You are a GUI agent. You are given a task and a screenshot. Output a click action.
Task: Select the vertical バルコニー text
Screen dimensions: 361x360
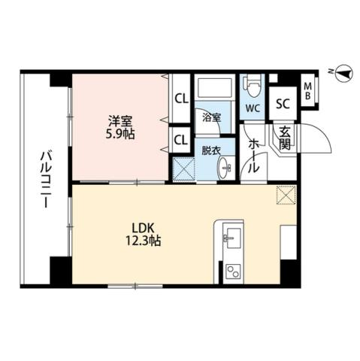[x=44, y=180]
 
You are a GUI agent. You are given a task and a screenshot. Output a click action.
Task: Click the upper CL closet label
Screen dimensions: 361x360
[x=181, y=98]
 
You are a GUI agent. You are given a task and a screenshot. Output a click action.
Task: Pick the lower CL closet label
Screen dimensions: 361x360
[x=181, y=138]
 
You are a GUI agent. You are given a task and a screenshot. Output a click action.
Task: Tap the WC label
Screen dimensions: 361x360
[x=252, y=107]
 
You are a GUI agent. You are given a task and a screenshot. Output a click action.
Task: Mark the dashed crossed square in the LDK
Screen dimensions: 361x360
[x=286, y=196]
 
